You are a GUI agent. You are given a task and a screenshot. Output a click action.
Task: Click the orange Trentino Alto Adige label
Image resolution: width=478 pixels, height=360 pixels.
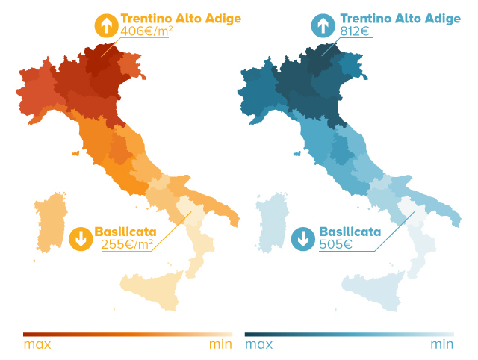pos(181,18)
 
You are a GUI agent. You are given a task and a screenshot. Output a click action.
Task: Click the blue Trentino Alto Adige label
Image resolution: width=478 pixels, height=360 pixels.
pos(400,18)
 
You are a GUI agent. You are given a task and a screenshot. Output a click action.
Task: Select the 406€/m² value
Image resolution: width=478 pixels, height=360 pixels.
pos(146,31)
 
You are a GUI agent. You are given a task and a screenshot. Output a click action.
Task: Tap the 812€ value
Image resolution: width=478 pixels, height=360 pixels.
pos(356,31)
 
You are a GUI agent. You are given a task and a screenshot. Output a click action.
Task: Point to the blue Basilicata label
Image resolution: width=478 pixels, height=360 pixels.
pos(350,232)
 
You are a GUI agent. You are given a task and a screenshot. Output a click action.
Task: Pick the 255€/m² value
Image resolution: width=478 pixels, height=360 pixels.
pos(127,244)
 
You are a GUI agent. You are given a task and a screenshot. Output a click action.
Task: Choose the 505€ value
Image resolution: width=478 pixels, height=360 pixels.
pos(335,244)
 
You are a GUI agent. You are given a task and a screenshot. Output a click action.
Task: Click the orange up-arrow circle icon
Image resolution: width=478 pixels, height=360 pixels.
pos(106,26)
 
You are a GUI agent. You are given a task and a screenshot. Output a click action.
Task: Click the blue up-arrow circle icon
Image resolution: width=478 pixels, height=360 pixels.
pos(323,26)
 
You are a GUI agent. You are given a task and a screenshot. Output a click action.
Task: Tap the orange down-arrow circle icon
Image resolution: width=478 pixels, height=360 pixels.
pos(80,239)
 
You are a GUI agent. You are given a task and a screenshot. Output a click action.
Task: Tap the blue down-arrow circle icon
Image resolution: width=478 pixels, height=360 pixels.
pos(303,239)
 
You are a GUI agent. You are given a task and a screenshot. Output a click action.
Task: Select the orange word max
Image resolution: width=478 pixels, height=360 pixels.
pos(37,344)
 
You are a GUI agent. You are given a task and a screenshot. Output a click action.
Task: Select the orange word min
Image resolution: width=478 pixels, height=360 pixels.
pos(220,344)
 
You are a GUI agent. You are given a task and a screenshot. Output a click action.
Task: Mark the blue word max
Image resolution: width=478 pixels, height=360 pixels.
pos(258,344)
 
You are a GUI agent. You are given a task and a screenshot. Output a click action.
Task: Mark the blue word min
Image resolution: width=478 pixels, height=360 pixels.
pos(442,344)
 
